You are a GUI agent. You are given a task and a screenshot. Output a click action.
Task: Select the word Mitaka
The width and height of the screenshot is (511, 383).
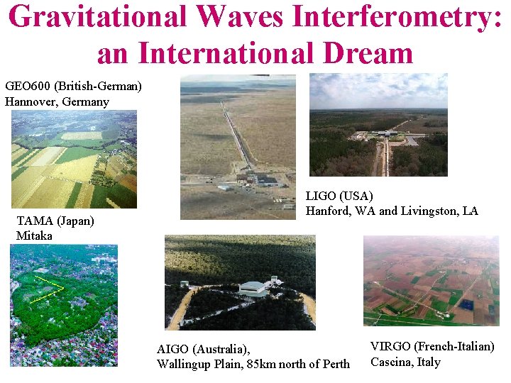click(x=34, y=235)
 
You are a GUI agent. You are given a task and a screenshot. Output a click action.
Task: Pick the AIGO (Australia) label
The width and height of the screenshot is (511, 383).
click(x=203, y=349)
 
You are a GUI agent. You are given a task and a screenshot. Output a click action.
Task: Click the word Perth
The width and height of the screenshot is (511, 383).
click(x=334, y=364)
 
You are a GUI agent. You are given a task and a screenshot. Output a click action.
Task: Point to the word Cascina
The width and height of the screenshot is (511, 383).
click(x=392, y=362)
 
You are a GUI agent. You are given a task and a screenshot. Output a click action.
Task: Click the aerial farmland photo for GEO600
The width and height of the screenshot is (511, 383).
click(x=74, y=159)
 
